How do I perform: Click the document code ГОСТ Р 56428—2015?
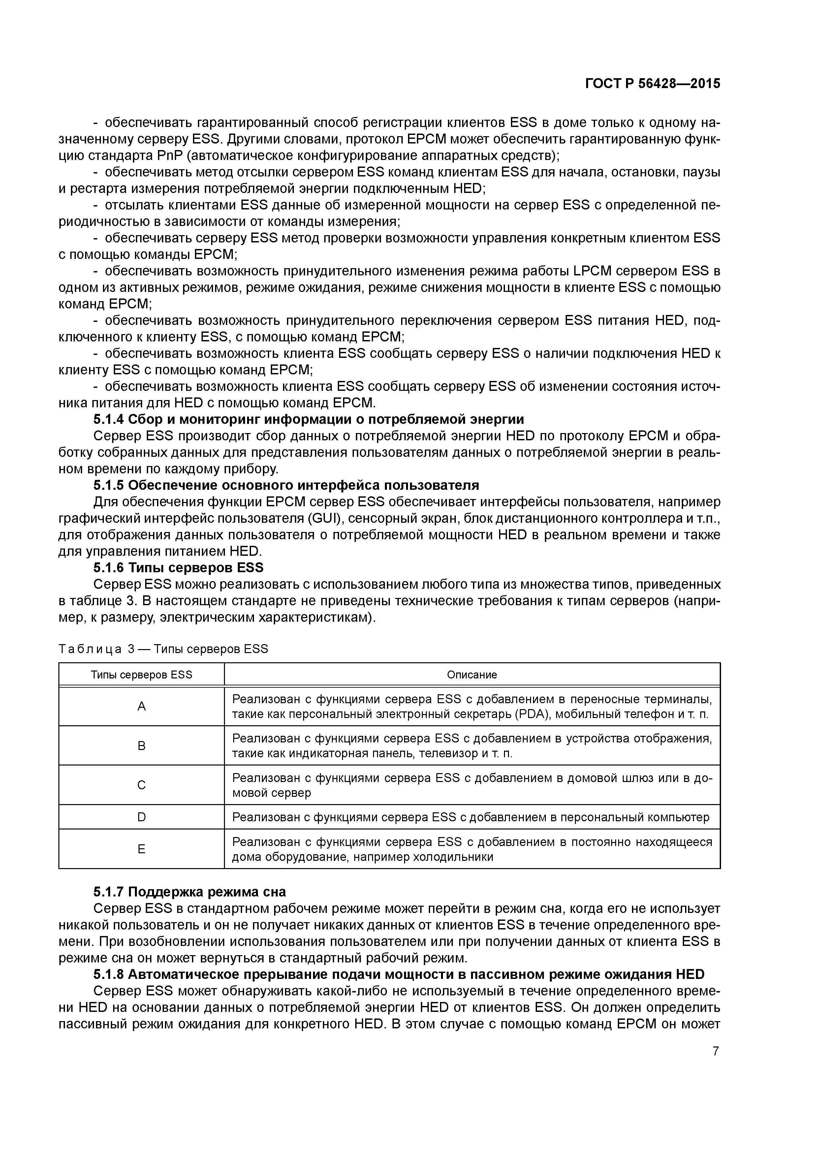pyautogui.click(x=653, y=84)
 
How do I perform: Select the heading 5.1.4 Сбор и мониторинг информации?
pyautogui.click(x=308, y=419)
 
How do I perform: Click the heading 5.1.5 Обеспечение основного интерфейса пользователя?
pyautogui.click(x=286, y=485)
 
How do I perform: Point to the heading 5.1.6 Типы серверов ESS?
pyautogui.click(x=178, y=568)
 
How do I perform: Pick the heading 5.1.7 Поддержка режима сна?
pyautogui.click(x=190, y=892)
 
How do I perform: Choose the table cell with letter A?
pyautogui.click(x=142, y=706)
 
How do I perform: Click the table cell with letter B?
pyautogui.click(x=142, y=746)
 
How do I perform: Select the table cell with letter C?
pyautogui.click(x=142, y=785)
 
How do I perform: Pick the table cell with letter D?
pyautogui.click(x=142, y=817)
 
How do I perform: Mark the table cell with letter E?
pyautogui.click(x=142, y=849)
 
